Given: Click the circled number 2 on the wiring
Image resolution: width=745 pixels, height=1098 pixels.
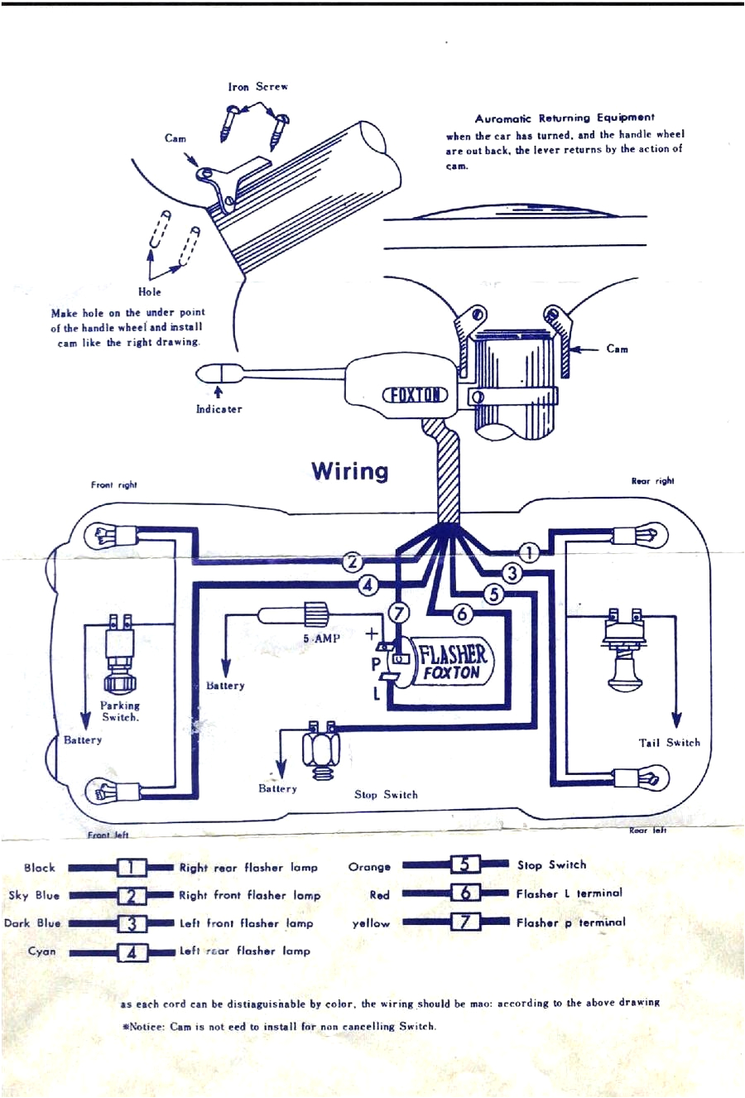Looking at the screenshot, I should tap(353, 562).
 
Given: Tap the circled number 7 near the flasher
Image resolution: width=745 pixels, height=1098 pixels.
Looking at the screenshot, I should tap(399, 613).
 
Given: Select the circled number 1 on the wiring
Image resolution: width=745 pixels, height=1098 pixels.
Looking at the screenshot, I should tap(528, 552).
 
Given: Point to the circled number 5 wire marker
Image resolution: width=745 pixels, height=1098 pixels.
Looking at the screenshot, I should tap(493, 594).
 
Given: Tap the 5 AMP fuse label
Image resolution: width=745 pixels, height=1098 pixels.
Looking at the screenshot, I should tap(321, 638).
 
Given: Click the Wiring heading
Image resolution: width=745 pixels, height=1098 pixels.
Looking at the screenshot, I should tap(349, 471).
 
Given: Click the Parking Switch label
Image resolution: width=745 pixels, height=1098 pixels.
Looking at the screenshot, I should tap(120, 711).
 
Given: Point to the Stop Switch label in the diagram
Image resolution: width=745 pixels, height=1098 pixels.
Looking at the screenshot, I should tap(386, 795).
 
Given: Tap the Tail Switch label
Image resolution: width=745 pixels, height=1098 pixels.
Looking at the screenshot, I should tap(669, 743).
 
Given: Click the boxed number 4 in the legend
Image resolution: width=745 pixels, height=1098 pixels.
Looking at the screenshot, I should tap(132, 952).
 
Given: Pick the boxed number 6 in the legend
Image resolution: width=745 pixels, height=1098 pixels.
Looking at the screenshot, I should tap(466, 893).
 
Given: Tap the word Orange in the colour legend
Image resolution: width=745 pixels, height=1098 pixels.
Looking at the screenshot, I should tap(369, 867).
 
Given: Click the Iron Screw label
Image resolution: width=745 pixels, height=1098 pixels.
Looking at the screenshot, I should tap(257, 87).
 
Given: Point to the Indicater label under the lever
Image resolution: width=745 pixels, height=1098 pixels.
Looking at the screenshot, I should tap(219, 409).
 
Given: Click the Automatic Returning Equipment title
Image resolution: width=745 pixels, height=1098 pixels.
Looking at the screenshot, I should tap(564, 118).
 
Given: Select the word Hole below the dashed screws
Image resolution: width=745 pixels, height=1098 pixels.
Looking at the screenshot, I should tap(150, 291).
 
